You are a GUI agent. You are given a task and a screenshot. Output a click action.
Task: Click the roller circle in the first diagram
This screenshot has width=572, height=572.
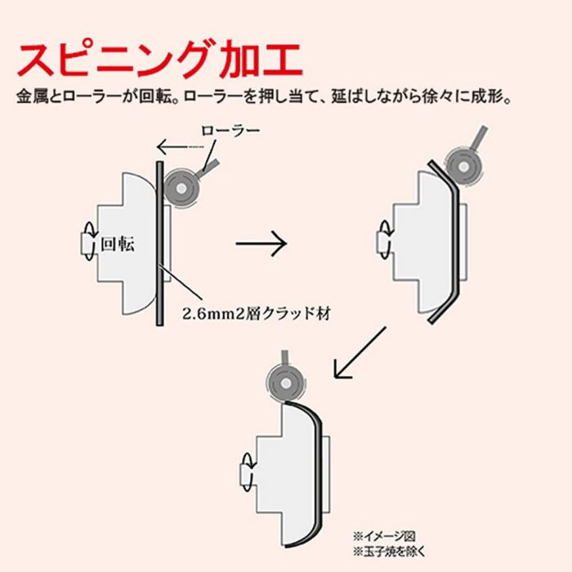(x=180, y=189)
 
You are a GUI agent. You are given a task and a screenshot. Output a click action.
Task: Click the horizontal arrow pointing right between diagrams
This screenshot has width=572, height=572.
(x=261, y=243)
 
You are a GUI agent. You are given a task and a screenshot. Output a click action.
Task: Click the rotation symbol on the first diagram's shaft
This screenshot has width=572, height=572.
(x=83, y=242)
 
